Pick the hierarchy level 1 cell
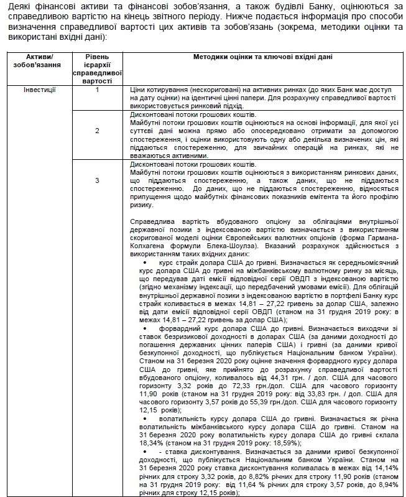pyautogui.click(x=98, y=90)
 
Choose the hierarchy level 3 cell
pyautogui.click(x=98, y=180)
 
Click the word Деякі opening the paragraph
pyautogui.click(x=14, y=5)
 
